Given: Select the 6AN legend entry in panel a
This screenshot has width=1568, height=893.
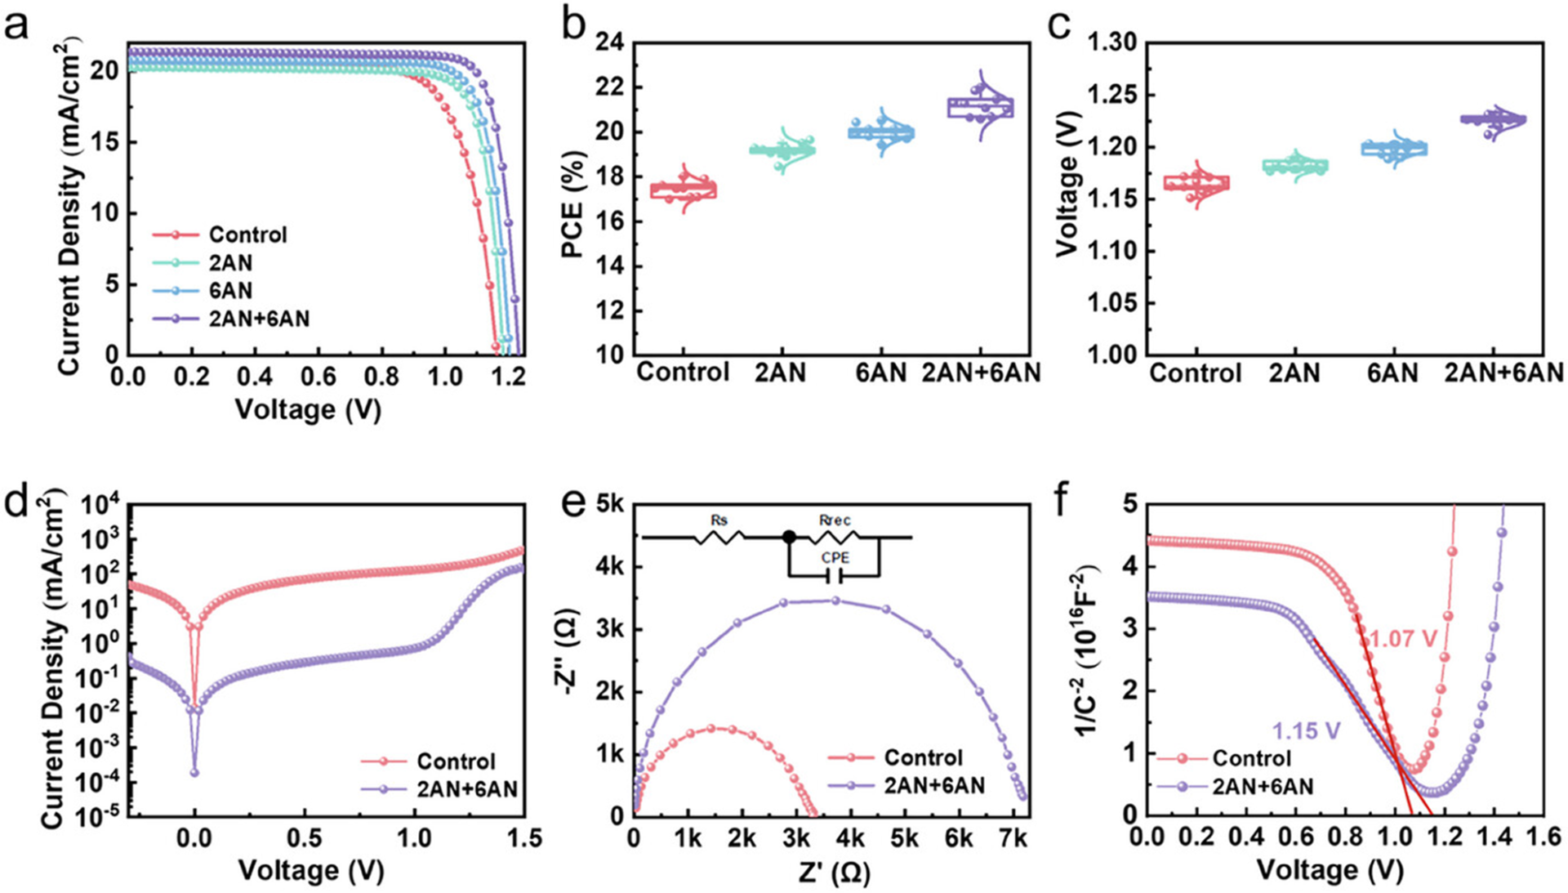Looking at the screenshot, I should click(x=230, y=291).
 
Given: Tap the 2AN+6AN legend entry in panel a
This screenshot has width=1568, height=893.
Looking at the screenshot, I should click(x=258, y=319).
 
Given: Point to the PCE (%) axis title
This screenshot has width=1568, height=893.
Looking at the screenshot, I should click(x=575, y=204).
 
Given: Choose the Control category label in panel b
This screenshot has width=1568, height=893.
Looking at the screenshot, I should click(x=683, y=373).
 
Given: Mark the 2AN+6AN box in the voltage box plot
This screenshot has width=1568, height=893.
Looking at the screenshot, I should click(x=1493, y=120).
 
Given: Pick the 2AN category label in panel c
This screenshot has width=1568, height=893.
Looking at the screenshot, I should click(x=1294, y=373).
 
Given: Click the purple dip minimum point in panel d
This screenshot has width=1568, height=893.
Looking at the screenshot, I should click(x=194, y=772).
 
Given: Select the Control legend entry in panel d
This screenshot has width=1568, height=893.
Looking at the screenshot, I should click(x=455, y=761).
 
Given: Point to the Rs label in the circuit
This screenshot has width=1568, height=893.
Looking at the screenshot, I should click(x=719, y=520).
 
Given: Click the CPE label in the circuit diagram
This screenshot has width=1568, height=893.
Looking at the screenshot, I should click(x=835, y=558).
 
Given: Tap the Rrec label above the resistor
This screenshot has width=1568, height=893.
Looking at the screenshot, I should click(x=835, y=520).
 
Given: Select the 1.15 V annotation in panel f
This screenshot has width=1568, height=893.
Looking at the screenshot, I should click(x=1307, y=730).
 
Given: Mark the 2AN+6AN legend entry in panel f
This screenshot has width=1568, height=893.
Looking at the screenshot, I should click(x=1262, y=787).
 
